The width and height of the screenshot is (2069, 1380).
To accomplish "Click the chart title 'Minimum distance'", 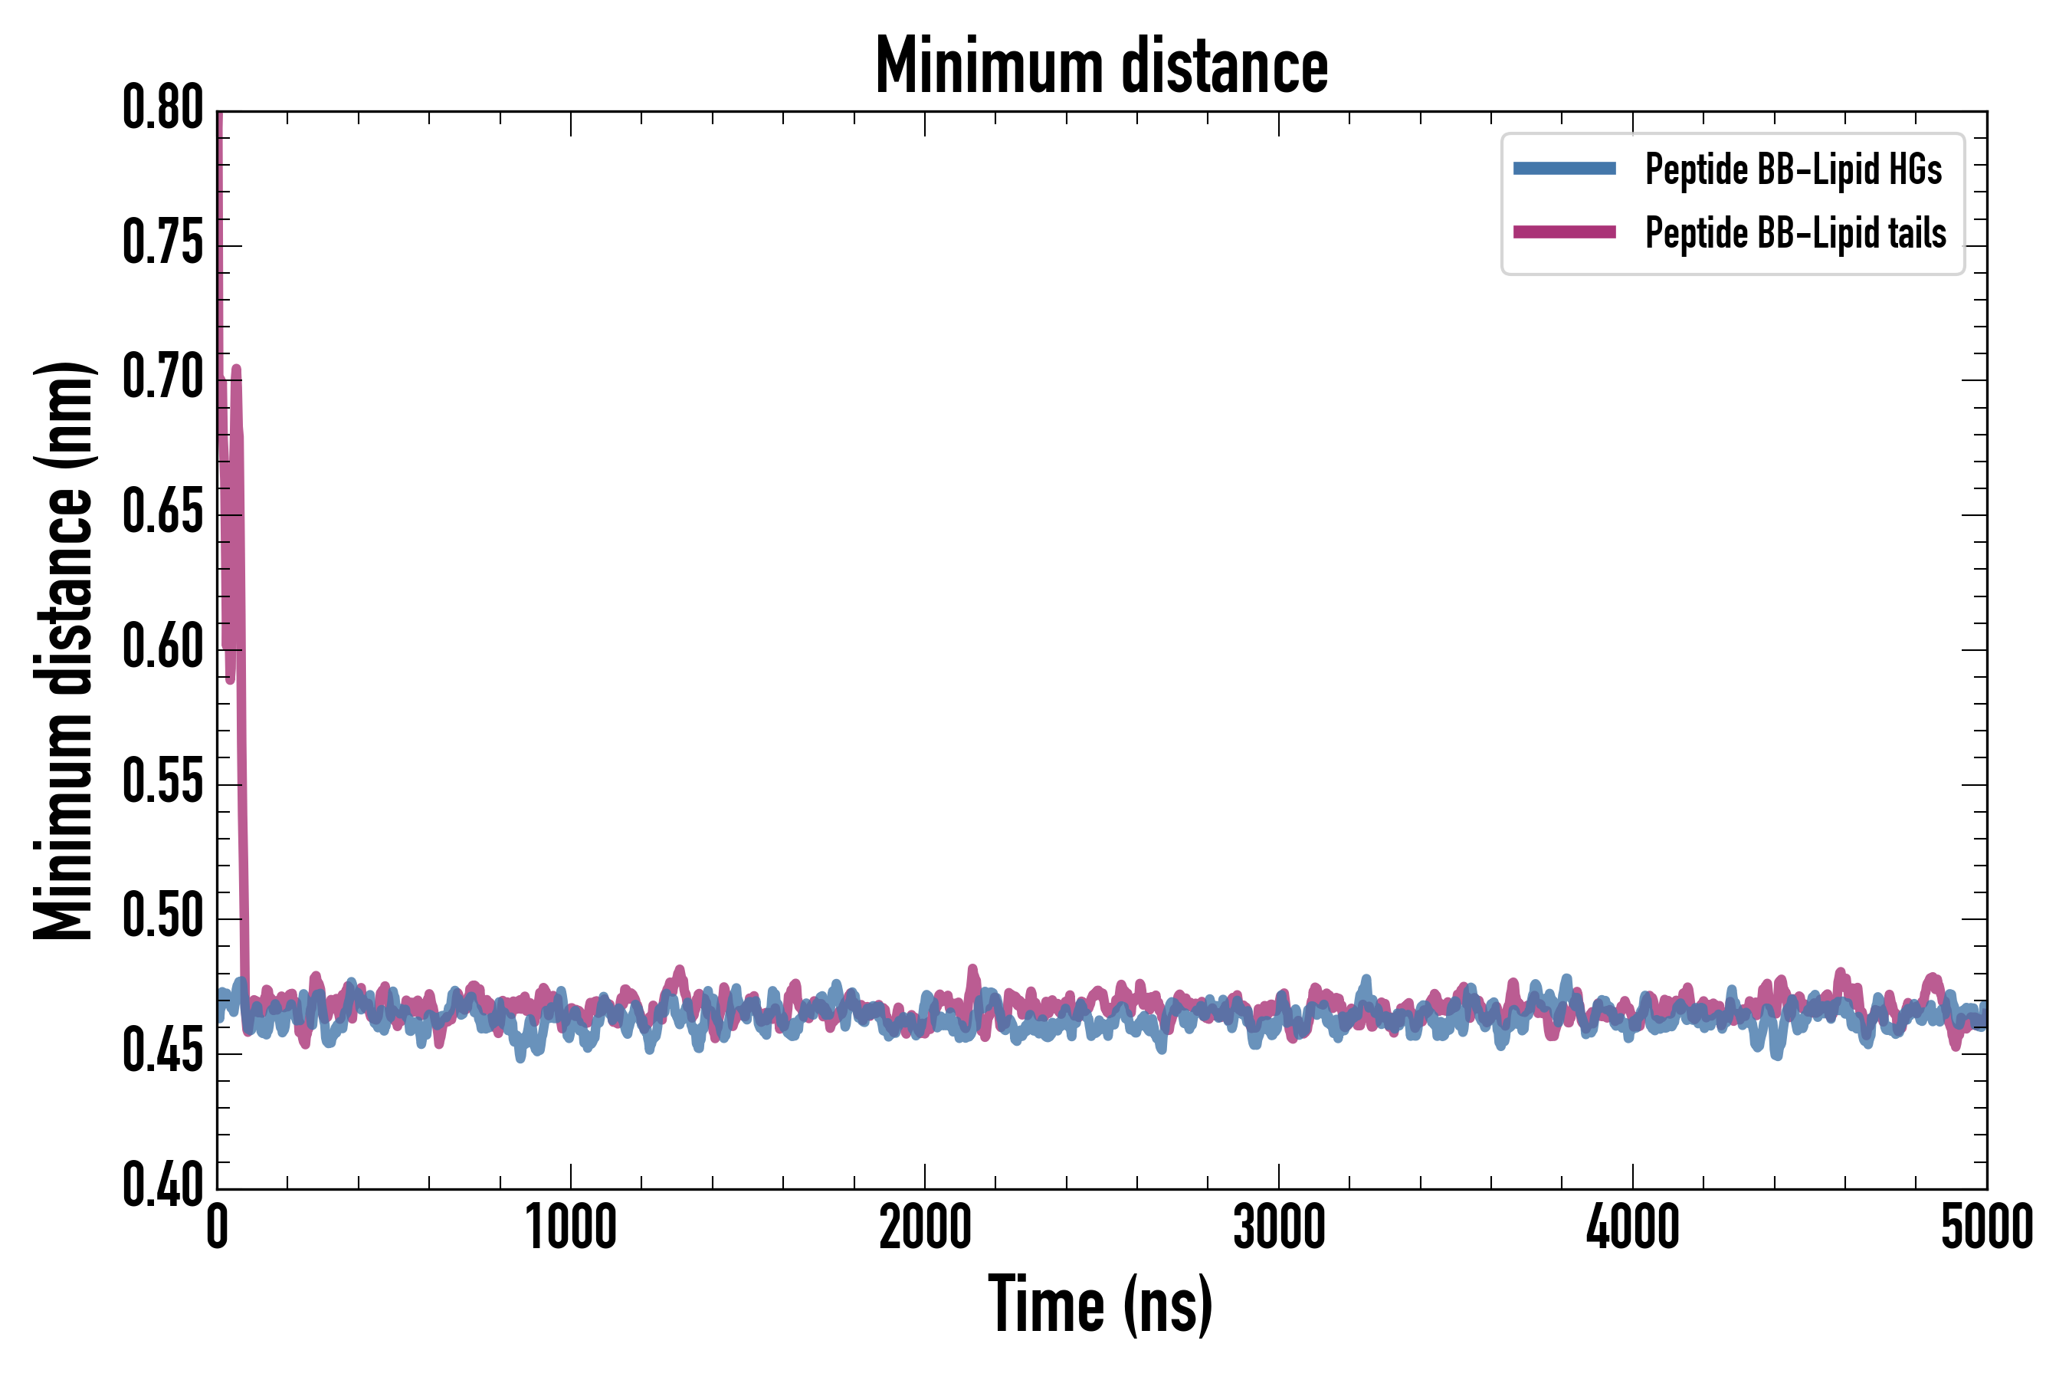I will pos(1101,66).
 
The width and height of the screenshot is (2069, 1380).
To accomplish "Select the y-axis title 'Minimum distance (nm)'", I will pos(64,651).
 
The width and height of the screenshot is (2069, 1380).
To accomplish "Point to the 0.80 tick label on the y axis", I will pos(162,108).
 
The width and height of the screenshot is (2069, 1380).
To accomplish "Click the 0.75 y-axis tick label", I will pos(162,244).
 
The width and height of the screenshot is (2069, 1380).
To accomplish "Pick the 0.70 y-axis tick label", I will pos(162,379).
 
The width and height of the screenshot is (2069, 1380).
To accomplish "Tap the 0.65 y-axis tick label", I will pos(162,513).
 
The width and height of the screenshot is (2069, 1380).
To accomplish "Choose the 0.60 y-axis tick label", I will pos(162,648).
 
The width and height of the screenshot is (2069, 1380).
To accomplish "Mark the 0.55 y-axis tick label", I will pos(162,783).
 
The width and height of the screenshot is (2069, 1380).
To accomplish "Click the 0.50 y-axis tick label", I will pos(162,917).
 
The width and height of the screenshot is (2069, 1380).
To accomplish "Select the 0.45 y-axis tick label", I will pos(162,1052).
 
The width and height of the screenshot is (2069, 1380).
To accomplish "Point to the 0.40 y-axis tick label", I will pos(162,1186).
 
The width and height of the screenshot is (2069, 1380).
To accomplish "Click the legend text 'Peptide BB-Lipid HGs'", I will pos(1793,169).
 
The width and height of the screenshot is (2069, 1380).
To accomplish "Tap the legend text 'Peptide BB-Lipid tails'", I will pos(1795,233).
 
